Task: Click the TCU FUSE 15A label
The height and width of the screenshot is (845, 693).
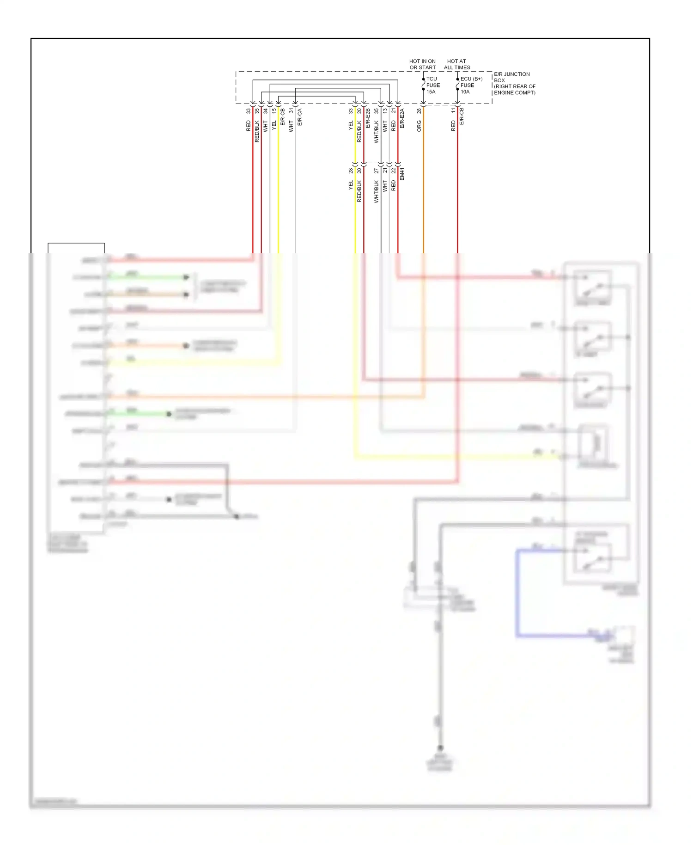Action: pyautogui.click(x=432, y=85)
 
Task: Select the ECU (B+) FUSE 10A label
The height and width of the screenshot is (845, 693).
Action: pyautogui.click(x=470, y=85)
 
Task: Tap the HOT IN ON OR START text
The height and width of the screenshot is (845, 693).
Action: pyautogui.click(x=422, y=64)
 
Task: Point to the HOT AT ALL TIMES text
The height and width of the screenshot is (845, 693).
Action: pyautogui.click(x=456, y=64)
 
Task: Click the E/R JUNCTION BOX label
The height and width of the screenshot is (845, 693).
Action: pyautogui.click(x=514, y=83)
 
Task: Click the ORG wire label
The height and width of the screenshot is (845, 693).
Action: pyautogui.click(x=419, y=126)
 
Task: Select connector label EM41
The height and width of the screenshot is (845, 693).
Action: pyautogui.click(x=402, y=174)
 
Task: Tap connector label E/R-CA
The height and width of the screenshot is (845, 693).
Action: pyautogui.click(x=299, y=117)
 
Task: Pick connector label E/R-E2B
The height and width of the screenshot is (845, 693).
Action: pyautogui.click(x=368, y=118)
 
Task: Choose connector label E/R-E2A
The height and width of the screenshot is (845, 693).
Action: pyautogui.click(x=402, y=118)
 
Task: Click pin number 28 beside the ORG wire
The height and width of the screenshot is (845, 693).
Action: pyautogui.click(x=419, y=111)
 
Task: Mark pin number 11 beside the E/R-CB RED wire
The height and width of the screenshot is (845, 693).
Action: pyautogui.click(x=453, y=111)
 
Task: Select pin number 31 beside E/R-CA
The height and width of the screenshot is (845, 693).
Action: pyautogui.click(x=291, y=111)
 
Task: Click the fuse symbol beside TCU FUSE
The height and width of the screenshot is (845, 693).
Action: pyautogui.click(x=423, y=86)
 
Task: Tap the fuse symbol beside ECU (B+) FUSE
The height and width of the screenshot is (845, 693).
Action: pyautogui.click(x=457, y=86)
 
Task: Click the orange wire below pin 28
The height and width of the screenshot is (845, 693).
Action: pyautogui.click(x=423, y=185)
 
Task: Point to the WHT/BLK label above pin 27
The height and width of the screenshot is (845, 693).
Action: pyautogui.click(x=376, y=191)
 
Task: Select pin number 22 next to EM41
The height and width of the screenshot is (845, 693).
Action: pyautogui.click(x=394, y=171)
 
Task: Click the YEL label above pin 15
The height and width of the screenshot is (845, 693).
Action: pyautogui.click(x=274, y=124)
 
